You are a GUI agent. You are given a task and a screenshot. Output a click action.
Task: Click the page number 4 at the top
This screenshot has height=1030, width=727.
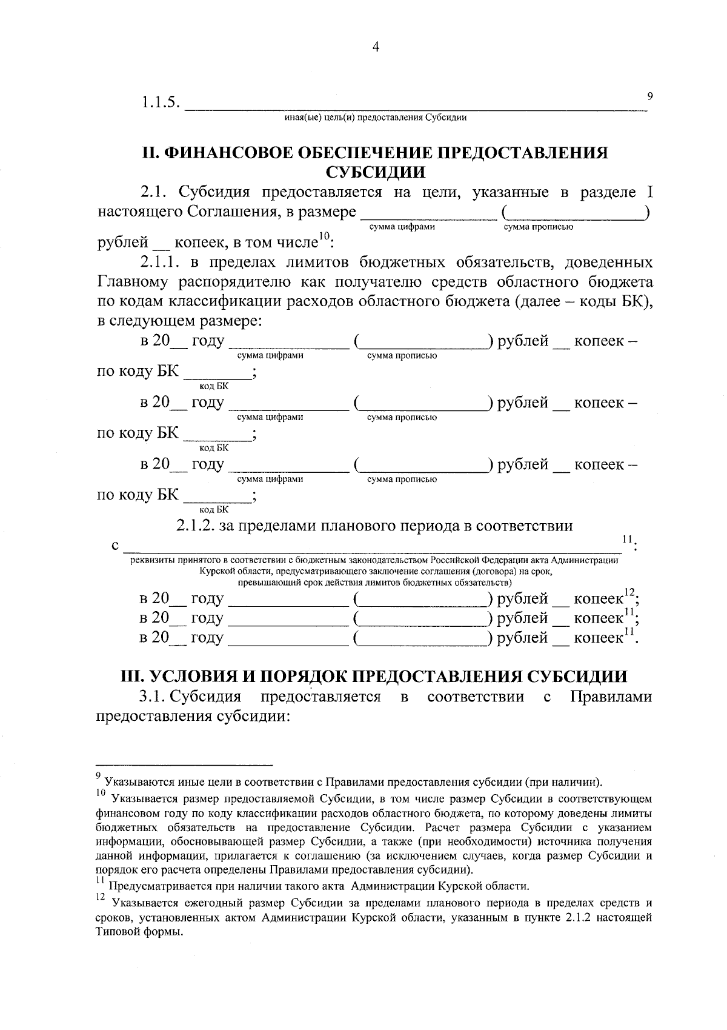376,48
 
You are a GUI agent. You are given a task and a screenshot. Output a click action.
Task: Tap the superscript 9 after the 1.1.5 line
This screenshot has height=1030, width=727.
650,95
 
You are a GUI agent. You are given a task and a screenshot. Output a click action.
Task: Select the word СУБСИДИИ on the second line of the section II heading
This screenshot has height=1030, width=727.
375,172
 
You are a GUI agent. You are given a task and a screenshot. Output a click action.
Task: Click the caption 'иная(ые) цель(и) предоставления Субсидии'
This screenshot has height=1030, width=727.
375,118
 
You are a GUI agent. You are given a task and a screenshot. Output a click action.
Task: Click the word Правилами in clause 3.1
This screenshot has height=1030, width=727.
611,697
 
